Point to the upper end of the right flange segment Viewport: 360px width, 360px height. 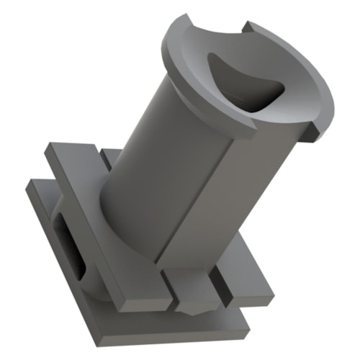click(x=248, y=29)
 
